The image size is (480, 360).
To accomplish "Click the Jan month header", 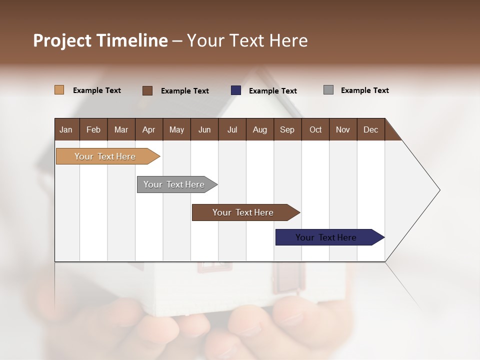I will pos(66,129).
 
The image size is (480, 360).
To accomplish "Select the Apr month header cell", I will pos(149,129).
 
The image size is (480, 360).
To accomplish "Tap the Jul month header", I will pos(232,129).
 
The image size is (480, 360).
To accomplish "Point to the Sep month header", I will pos(287,129).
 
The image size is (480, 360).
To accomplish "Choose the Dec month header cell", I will pos(370,129).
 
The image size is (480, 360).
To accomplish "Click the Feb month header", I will pos(93,129).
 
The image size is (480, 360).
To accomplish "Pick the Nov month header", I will pos(343,129).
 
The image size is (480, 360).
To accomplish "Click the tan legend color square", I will pos(59,90).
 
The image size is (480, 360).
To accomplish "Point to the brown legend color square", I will pos(147,90).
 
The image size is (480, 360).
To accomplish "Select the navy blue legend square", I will pos(236,90).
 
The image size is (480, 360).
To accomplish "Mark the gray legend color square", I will pos(328,90).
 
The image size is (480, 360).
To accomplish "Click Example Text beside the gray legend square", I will pos(364,90).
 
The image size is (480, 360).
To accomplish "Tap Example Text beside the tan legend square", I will pos(97,90).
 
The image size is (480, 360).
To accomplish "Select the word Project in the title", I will pos(62,40).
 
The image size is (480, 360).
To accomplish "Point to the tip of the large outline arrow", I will pos(439,190).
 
